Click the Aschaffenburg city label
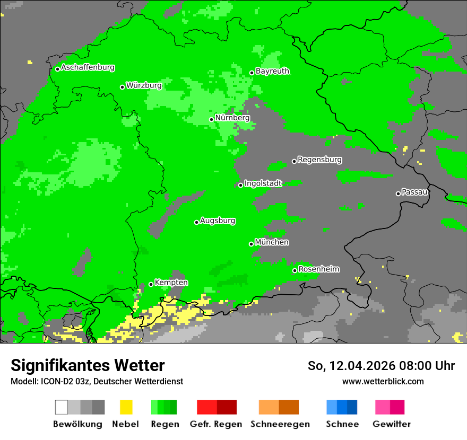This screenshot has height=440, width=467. click(88, 68)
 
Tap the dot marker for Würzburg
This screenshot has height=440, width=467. click(122, 87)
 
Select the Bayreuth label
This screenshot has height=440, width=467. click(272, 71)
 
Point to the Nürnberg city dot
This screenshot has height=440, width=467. click(211, 119)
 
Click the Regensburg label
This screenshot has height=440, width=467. click(319, 160)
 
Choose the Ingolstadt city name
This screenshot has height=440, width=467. click(263, 183)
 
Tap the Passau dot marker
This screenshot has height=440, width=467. click(398, 193)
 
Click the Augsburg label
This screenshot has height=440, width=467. click(218, 221)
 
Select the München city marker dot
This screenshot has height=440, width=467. click(251, 244)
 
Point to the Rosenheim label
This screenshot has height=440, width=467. click(318, 269)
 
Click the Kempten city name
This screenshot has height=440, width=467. click(171, 283)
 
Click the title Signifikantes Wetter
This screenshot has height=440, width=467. click(88, 365)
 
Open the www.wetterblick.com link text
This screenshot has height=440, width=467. click(383, 381)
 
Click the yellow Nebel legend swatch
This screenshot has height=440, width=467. click(126, 407)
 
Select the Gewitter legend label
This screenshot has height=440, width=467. click(391, 424)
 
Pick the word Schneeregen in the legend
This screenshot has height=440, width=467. click(279, 424)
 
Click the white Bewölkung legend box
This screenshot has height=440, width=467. click(61, 407)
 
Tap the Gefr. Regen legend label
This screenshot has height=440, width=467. click(216, 424)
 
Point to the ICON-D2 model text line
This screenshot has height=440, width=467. click(97, 381)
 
